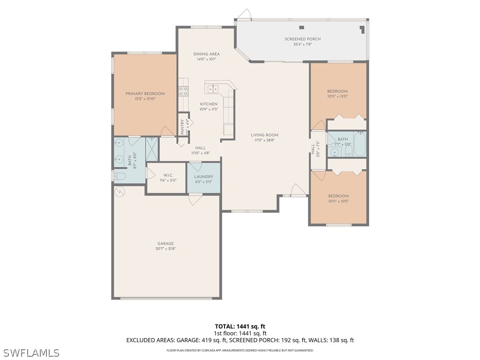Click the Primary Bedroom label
(x=145, y=94)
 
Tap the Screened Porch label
(x=302, y=39)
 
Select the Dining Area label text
(x=206, y=54)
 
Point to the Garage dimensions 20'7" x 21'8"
(x=165, y=249)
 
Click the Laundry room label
(x=203, y=177)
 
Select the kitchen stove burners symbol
(x=183, y=90)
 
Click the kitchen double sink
(x=213, y=89)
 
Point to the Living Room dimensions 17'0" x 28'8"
(x=264, y=140)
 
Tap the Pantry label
(x=183, y=127)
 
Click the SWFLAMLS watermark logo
(x=31, y=352)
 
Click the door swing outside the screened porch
(x=243, y=15)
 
